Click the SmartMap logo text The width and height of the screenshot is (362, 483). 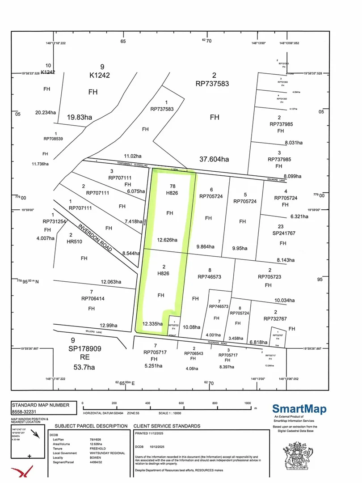pyautogui.click(x=299, y=409)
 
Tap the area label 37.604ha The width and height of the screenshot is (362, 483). pyautogui.click(x=214, y=159)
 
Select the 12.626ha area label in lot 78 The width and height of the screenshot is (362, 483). pyautogui.click(x=167, y=240)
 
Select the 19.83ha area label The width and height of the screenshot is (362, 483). pyautogui.click(x=80, y=118)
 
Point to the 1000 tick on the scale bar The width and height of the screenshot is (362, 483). pyautogui.click(x=248, y=403)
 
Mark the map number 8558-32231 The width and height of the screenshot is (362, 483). pyautogui.click(x=27, y=411)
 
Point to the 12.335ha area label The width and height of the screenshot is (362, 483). pyautogui.click(x=153, y=323)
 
